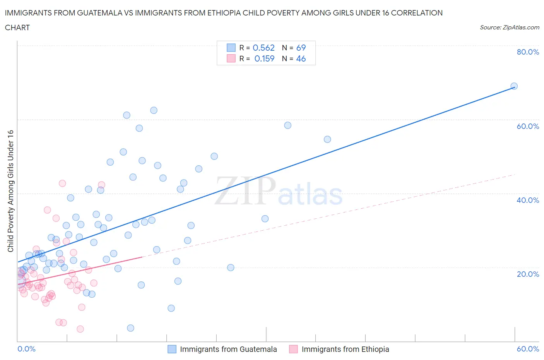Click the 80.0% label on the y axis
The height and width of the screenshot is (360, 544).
(x=528, y=52)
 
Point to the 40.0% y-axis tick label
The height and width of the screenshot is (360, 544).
(x=528, y=200)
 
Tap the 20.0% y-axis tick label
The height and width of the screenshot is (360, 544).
(x=528, y=274)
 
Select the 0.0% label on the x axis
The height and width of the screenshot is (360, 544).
(x=26, y=349)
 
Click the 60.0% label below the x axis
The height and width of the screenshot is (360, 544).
(x=528, y=349)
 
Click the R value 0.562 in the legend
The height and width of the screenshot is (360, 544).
(x=263, y=48)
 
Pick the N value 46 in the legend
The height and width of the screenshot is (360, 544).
(x=301, y=58)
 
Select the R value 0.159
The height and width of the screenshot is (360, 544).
(x=264, y=58)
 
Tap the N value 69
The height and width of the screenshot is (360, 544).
(x=301, y=48)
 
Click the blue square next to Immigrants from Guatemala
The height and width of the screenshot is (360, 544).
(x=172, y=349)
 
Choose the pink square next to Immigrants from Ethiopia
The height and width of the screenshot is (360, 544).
(x=293, y=349)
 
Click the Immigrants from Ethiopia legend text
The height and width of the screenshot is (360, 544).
(x=345, y=349)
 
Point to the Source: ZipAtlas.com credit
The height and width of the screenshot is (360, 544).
(x=509, y=27)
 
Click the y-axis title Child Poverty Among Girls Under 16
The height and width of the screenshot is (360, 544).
(x=10, y=191)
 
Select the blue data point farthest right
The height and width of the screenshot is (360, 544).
(x=514, y=86)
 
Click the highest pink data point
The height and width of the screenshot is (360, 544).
(x=62, y=183)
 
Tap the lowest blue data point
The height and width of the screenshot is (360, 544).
(x=130, y=328)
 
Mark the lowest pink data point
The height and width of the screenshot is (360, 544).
(x=80, y=329)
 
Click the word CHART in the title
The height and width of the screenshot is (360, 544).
(x=17, y=27)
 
